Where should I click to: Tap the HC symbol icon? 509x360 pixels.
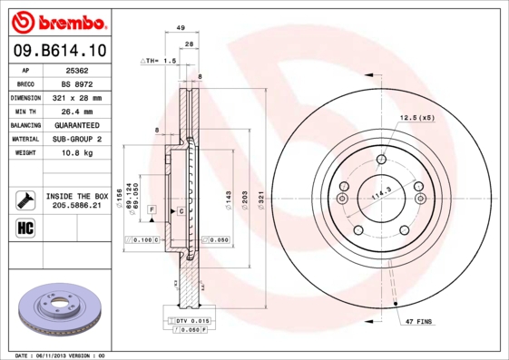25,227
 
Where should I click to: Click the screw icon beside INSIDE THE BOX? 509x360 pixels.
25,200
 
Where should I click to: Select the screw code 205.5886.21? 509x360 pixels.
77,207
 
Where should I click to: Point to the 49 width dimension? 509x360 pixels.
181,28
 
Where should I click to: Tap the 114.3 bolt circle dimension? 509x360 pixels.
381,190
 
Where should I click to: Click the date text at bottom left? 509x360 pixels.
62,355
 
